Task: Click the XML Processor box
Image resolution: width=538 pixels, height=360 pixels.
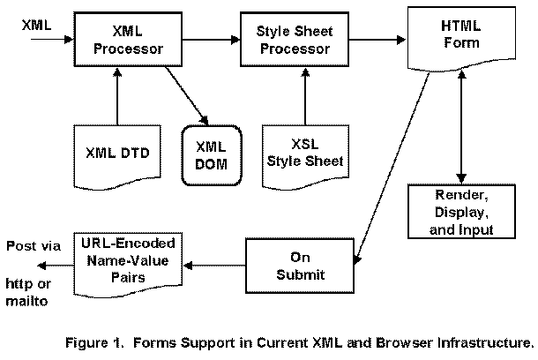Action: [x=129, y=40]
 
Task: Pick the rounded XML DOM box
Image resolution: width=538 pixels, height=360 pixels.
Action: [x=211, y=154]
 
